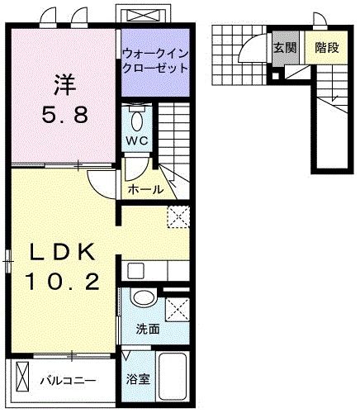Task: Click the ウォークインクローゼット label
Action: (155, 59)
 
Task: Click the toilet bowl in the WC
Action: (137, 113)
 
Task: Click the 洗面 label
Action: (149, 329)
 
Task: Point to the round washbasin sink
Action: (143, 299)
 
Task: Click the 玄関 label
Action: (285, 47)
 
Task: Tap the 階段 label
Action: (327, 47)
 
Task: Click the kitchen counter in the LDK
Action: (157, 270)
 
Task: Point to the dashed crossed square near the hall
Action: (178, 217)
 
